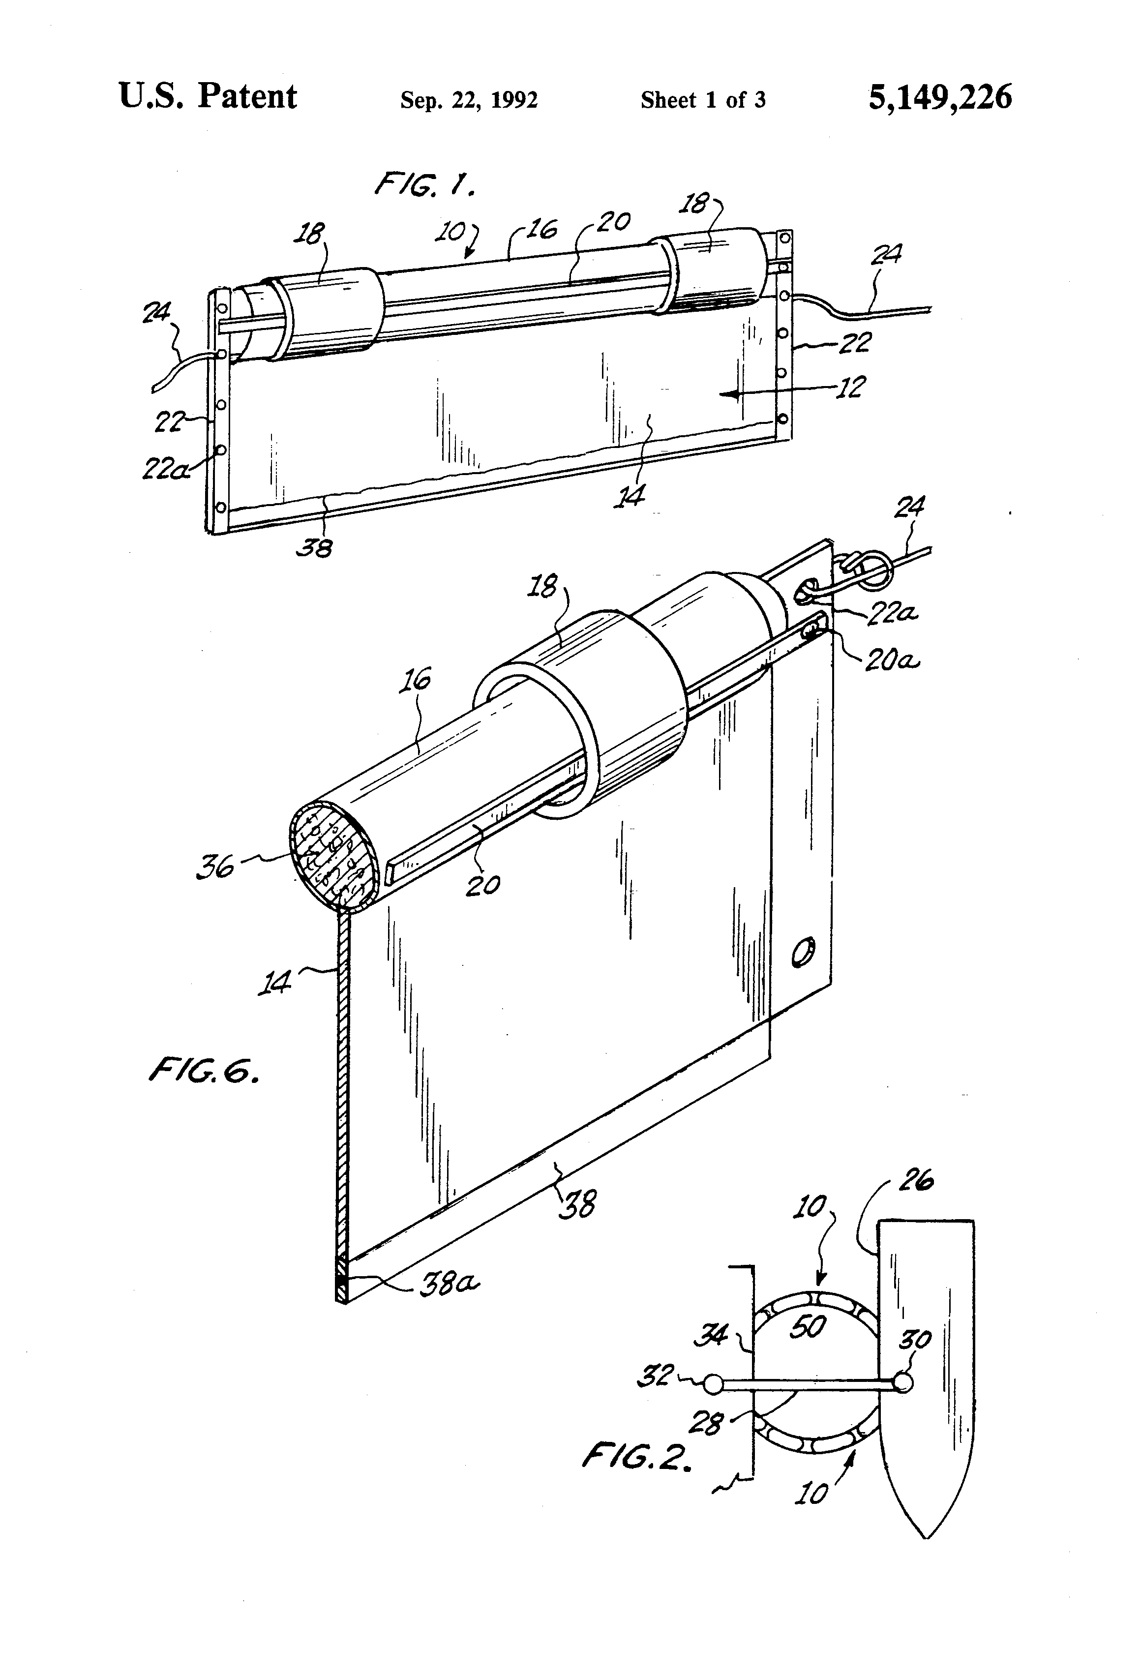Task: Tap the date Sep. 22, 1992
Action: coord(469,100)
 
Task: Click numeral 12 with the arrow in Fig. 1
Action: coord(851,389)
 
